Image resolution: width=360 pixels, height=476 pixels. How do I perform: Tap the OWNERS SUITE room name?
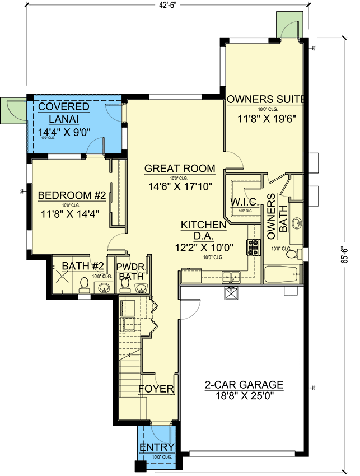point(266,100)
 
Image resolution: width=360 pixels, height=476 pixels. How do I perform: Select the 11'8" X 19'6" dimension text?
point(266,119)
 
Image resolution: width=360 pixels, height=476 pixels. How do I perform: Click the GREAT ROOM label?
point(180,168)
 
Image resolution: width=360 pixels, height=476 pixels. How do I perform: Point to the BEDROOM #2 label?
point(72,195)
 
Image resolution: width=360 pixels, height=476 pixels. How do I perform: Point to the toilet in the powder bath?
point(125,286)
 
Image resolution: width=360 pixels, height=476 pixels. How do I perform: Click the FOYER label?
point(156,389)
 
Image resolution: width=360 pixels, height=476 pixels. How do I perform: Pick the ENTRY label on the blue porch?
point(157,447)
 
